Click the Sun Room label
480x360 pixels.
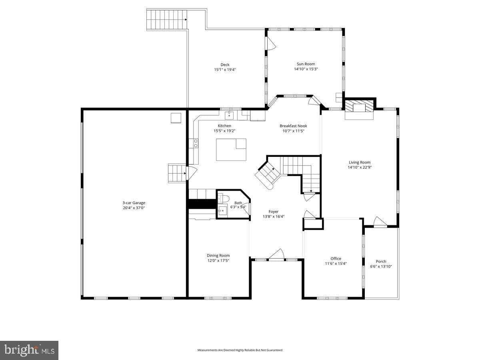tap(306, 64)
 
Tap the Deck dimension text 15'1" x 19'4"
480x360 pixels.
tap(225, 70)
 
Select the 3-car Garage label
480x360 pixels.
tap(134, 203)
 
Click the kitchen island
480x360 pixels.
tap(231, 150)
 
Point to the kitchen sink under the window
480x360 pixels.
tap(229, 116)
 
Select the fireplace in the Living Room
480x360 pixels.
tap(359, 108)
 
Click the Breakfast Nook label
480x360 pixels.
tap(293, 126)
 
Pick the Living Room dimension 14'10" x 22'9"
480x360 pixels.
tap(360, 168)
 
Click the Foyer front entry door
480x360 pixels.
tap(276, 255)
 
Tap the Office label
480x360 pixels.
tap(336, 258)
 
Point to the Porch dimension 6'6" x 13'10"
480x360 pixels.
tap(381, 266)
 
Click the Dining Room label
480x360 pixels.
tap(218, 256)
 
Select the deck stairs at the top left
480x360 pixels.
tap(167, 19)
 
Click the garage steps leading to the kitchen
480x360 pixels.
tap(176, 173)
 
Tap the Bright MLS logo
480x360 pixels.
tap(29, 350)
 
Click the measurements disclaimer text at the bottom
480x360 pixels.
tap(240, 350)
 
